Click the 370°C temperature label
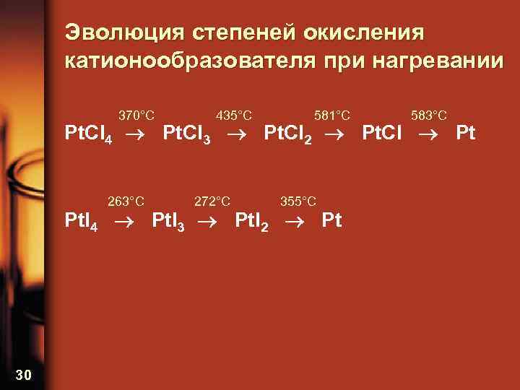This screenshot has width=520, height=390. coord(136,115)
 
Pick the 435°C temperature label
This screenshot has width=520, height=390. coord(234,115)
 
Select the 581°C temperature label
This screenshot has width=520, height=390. coord(332,115)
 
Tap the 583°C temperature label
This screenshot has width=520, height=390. coord(429,115)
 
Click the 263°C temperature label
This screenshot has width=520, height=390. coord(126,201)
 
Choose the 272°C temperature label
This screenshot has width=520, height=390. coord(213,201)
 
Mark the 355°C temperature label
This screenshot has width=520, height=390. coord(298,201)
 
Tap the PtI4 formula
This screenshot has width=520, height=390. coord(81,221)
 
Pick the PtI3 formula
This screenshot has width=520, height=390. coord(168,221)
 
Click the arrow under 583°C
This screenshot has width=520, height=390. coord(434,134)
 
